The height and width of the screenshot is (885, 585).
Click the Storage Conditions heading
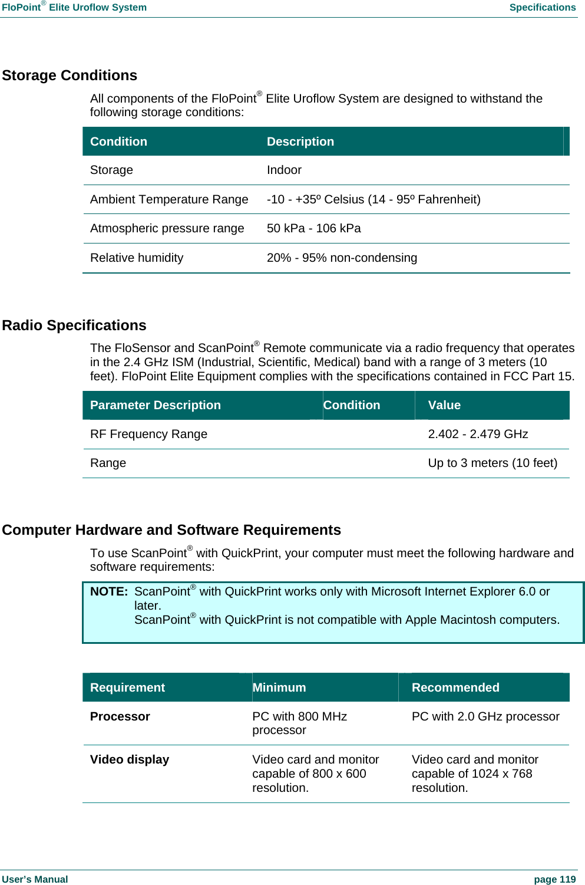pyautogui.click(x=70, y=75)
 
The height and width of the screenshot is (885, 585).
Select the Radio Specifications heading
pyautogui.click(x=74, y=325)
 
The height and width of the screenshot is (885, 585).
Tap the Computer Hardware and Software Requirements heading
pyautogui.click(x=171, y=530)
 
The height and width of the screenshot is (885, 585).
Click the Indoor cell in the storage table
pyautogui.click(x=284, y=170)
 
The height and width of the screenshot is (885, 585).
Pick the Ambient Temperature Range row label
pyautogui.click(x=169, y=199)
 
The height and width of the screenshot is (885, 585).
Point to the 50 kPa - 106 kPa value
pyautogui.click(x=313, y=229)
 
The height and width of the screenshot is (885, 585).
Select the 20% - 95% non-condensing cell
pyautogui.click(x=342, y=258)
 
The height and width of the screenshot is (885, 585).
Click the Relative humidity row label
pyautogui.click(x=137, y=258)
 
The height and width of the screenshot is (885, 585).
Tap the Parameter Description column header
pyautogui.click(x=156, y=406)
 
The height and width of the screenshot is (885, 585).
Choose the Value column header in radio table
pyautogui.click(x=444, y=406)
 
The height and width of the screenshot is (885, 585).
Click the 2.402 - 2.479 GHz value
pyautogui.click(x=478, y=435)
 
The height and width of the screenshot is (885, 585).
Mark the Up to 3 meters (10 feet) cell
pyautogui.click(x=493, y=463)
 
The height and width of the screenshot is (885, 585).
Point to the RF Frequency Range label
pyautogui.click(x=148, y=435)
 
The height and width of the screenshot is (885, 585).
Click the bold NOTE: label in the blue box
pyautogui.click(x=109, y=592)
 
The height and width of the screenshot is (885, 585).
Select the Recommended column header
pyautogui.click(x=455, y=687)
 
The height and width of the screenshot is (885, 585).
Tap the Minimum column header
pyautogui.click(x=279, y=687)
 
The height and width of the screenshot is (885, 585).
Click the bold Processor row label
pyautogui.click(x=120, y=717)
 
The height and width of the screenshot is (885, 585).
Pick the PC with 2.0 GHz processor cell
pyautogui.click(x=485, y=717)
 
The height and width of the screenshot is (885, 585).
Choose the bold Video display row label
pyautogui.click(x=130, y=760)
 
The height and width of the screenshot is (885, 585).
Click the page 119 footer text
pyautogui.click(x=554, y=880)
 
